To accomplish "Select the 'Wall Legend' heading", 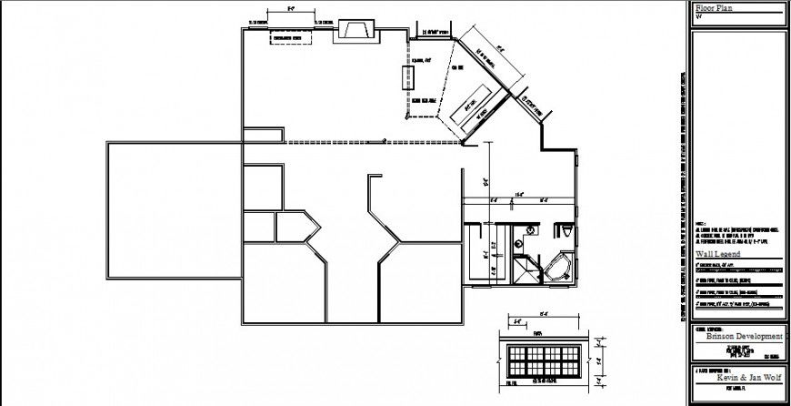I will [x=718, y=254].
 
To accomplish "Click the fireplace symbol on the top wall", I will [x=354, y=30].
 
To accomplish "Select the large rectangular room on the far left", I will [x=173, y=210].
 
